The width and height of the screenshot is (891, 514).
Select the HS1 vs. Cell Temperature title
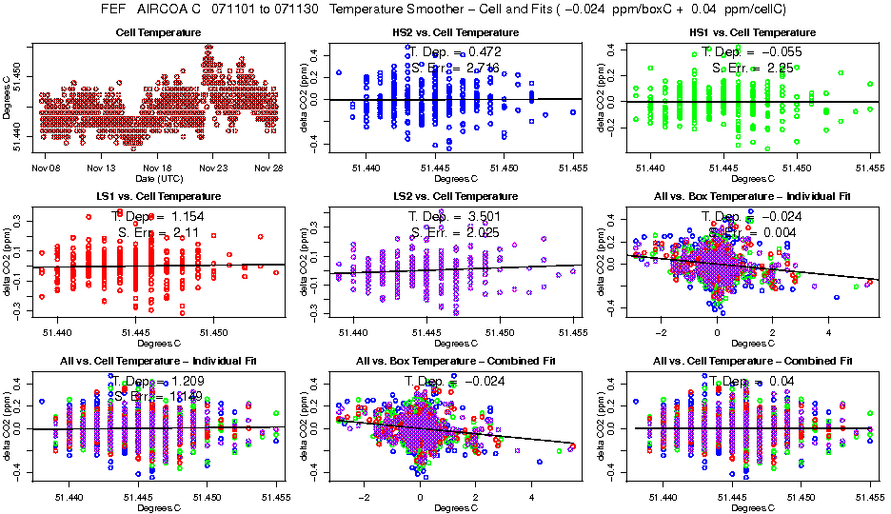click(744, 32)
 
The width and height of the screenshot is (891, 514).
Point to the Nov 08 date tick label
click(47, 168)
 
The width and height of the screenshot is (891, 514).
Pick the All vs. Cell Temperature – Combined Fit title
click(744, 362)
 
